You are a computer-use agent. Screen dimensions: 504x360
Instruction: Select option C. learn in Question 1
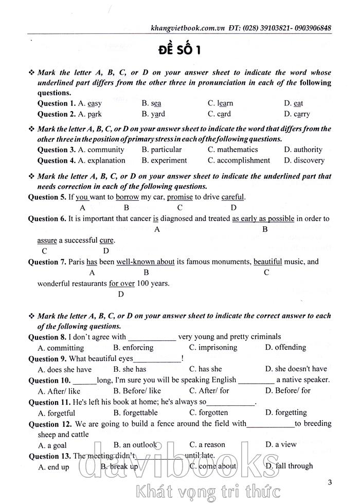pos(220,103)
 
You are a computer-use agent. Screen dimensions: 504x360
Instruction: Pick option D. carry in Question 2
pos(297,114)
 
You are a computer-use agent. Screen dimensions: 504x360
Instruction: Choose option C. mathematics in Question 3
pos(232,150)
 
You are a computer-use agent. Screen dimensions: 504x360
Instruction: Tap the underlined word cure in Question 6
pos(106,240)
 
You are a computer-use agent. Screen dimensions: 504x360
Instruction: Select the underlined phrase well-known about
pos(146,262)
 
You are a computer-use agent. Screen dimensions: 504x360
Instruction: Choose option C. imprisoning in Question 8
pos(213,348)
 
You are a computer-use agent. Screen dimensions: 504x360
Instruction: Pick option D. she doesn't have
pos(296,369)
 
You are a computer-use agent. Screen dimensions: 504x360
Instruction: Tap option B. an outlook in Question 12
pos(136,445)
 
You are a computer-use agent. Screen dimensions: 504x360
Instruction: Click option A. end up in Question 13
pos(53,466)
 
